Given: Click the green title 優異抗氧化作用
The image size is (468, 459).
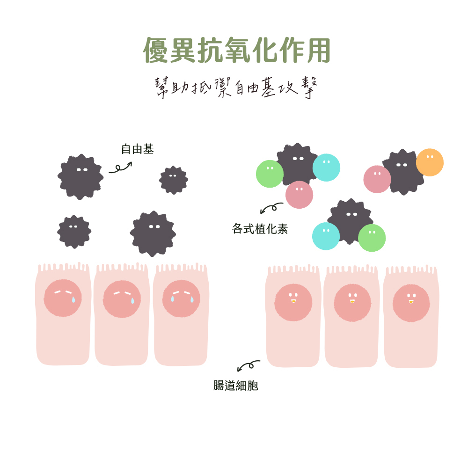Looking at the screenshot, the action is pyautogui.click(x=237, y=50).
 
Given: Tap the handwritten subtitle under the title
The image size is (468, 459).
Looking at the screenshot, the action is pyautogui.click(x=236, y=87).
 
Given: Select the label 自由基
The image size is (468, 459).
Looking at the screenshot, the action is pyautogui.click(x=137, y=149).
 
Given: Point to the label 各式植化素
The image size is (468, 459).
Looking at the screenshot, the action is pyautogui.click(x=260, y=229).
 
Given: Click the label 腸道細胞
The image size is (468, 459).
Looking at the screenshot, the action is pyautogui.click(x=235, y=386).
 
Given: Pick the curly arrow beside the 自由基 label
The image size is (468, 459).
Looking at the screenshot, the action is pyautogui.click(x=120, y=168).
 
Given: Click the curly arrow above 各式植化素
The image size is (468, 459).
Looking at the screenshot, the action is pyautogui.click(x=271, y=208).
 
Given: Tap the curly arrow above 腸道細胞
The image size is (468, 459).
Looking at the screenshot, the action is pyautogui.click(x=249, y=365).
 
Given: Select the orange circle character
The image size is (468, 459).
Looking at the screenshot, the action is pyautogui.click(x=430, y=162).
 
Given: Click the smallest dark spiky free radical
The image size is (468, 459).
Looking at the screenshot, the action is pyautogui.click(x=174, y=180).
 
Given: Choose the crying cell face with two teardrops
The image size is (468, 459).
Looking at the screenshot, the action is pyautogui.click(x=182, y=299).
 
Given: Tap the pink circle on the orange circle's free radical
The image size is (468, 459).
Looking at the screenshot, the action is pyautogui.click(x=377, y=179).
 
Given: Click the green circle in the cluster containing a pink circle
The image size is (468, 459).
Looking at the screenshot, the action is pyautogui.click(x=270, y=174).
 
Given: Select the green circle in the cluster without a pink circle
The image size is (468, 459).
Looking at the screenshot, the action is pyautogui.click(x=372, y=238).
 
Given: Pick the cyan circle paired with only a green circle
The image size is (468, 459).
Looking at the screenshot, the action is pyautogui.click(x=326, y=236).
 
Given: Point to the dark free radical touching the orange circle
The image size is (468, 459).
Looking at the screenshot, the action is pyautogui.click(x=402, y=172).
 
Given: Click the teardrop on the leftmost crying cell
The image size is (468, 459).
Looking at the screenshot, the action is pyautogui.click(x=73, y=299).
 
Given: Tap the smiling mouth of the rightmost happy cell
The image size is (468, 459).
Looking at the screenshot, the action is pyautogui.click(x=411, y=302).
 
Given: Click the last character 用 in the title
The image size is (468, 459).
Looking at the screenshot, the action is pyautogui.click(x=319, y=50).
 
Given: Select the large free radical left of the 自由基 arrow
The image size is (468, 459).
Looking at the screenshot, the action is pyautogui.click(x=80, y=177).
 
